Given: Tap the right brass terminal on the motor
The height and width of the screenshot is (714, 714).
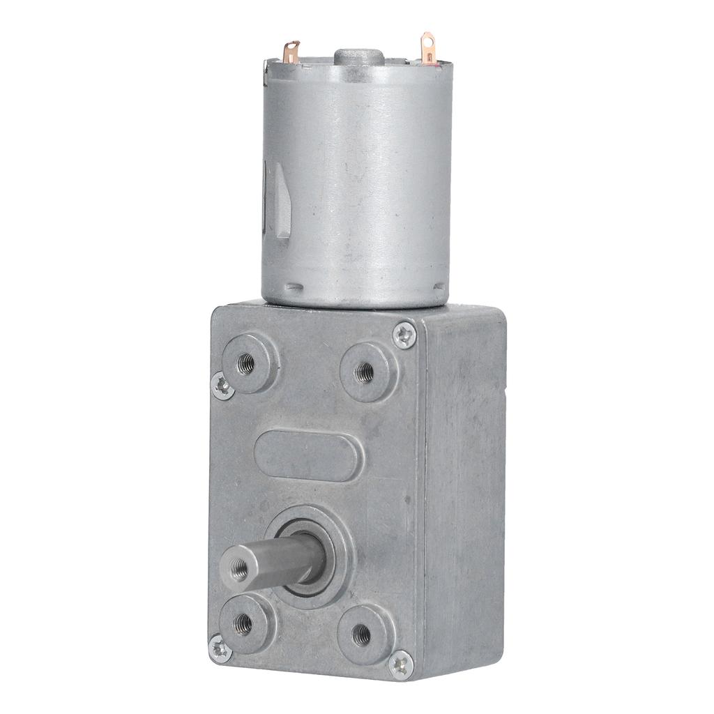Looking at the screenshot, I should click(426, 45).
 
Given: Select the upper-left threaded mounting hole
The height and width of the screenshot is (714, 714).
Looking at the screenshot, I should click(245, 363).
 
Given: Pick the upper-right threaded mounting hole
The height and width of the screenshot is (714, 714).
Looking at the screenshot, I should click(363, 372).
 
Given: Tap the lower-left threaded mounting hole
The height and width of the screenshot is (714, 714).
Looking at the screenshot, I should click(243, 623).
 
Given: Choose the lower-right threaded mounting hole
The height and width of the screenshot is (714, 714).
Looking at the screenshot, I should click(361, 633).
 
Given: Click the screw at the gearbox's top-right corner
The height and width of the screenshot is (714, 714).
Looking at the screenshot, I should click(404, 335).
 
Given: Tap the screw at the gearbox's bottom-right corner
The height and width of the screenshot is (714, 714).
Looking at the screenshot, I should click(401, 663).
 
